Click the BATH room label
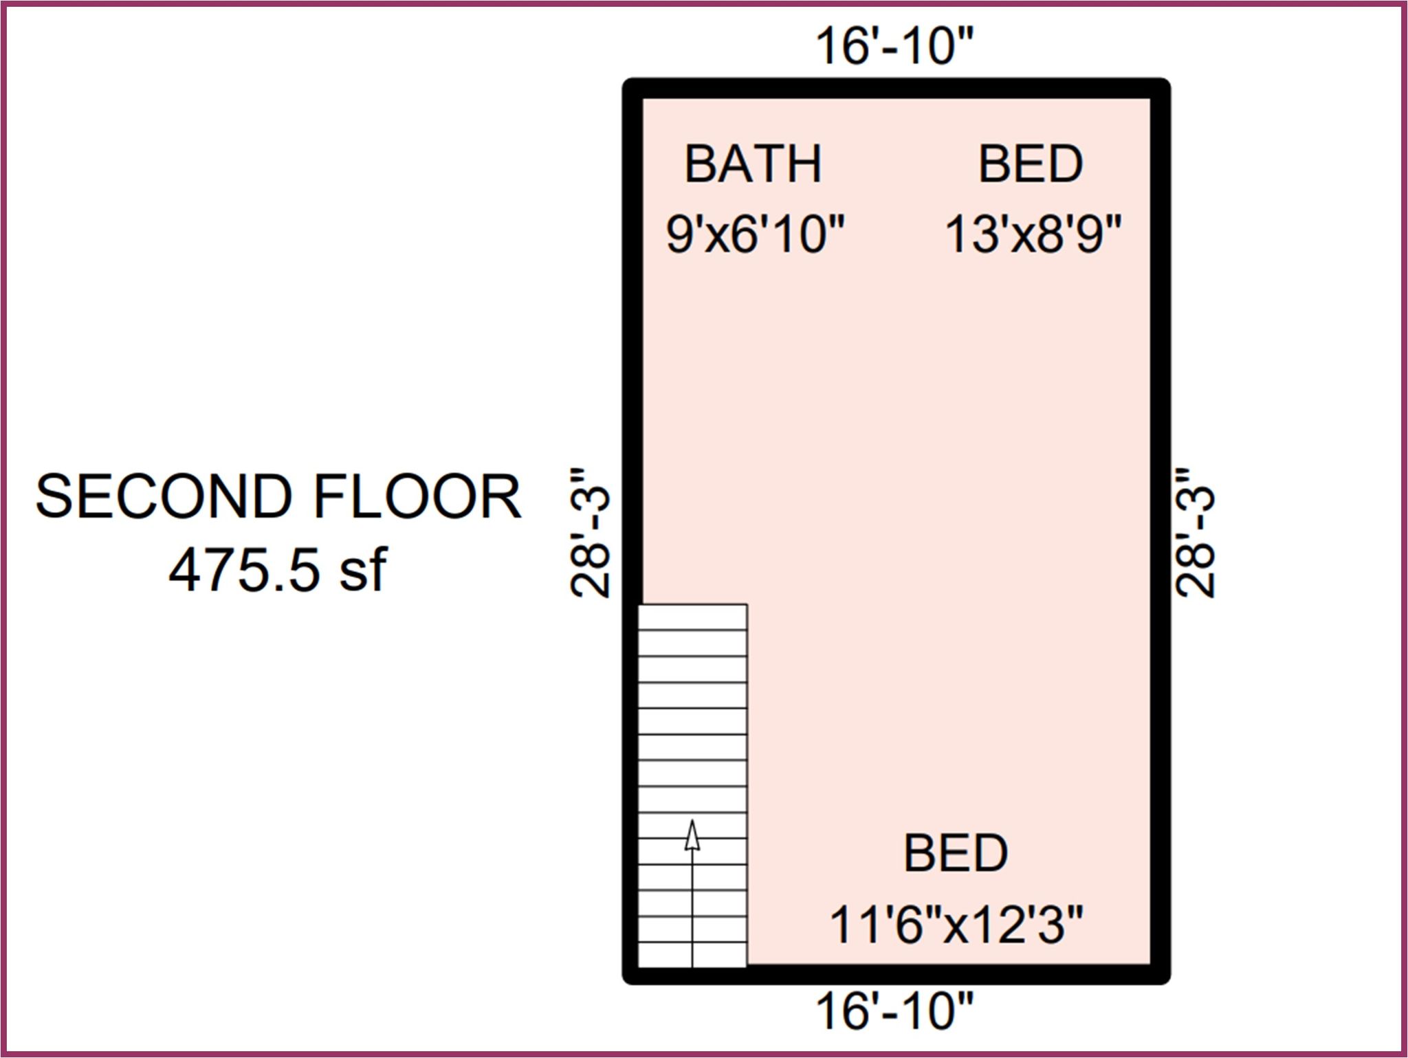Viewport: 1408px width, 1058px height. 753,164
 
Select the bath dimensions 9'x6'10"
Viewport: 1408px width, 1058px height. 754,234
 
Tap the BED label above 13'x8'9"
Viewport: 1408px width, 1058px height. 1031,164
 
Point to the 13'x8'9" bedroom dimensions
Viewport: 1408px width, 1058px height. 1033,234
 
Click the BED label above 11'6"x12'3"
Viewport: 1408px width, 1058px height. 956,853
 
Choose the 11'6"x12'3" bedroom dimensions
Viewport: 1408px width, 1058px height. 956,924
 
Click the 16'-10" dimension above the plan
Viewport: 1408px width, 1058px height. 894,47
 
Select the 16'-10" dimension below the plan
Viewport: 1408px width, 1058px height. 894,1011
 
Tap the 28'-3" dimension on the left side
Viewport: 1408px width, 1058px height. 590,533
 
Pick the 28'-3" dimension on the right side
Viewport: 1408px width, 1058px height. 1195,533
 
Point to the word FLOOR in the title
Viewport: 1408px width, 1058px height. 417,496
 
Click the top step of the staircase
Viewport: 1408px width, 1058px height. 692,617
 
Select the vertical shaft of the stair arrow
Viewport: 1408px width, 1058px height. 692,908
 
